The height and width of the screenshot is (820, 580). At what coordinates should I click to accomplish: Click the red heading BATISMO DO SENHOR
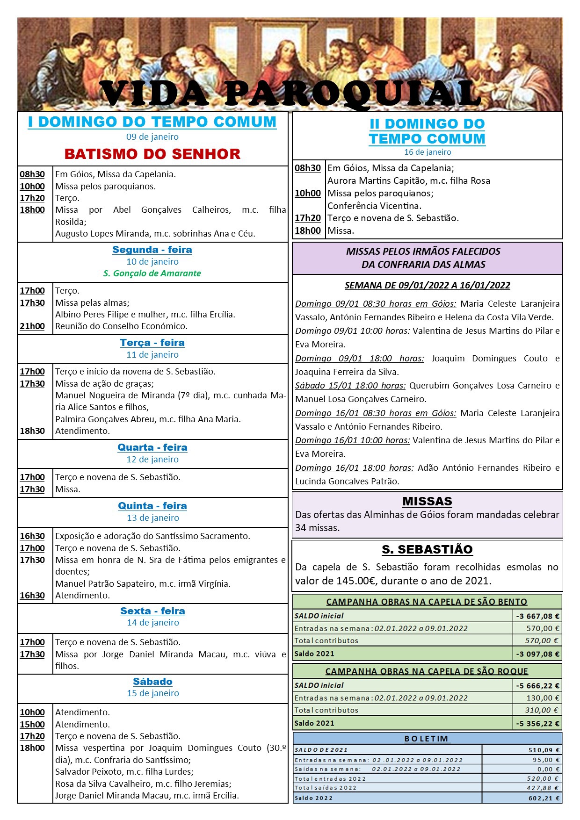(x=152, y=154)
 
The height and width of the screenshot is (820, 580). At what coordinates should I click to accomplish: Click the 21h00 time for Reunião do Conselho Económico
(x=32, y=326)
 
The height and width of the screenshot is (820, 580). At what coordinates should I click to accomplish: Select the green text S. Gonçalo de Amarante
(x=152, y=273)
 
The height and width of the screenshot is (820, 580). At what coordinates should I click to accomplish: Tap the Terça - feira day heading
(x=152, y=343)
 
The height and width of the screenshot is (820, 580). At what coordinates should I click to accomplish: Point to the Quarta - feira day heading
(x=152, y=447)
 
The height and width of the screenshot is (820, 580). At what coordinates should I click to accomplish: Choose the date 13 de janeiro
(x=153, y=518)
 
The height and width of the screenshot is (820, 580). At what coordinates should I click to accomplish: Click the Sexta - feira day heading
(x=152, y=611)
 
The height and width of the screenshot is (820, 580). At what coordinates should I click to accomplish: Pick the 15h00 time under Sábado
(x=32, y=724)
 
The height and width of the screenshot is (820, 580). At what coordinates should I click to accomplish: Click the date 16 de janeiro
(x=428, y=152)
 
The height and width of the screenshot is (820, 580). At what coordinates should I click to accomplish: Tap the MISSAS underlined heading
(x=427, y=501)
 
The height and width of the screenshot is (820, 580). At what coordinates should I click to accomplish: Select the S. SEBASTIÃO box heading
(x=427, y=549)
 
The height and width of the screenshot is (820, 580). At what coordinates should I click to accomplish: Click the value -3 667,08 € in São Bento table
(x=537, y=616)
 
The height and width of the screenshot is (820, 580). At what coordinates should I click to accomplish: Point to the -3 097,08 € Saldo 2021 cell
(x=537, y=654)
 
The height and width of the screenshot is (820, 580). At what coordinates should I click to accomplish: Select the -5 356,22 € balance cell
(x=537, y=723)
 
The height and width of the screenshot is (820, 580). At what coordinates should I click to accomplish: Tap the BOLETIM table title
(x=427, y=739)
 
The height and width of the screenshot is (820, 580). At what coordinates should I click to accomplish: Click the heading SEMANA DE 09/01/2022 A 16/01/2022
(x=427, y=285)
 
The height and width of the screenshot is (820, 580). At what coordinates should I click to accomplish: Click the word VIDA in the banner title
(x=154, y=94)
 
